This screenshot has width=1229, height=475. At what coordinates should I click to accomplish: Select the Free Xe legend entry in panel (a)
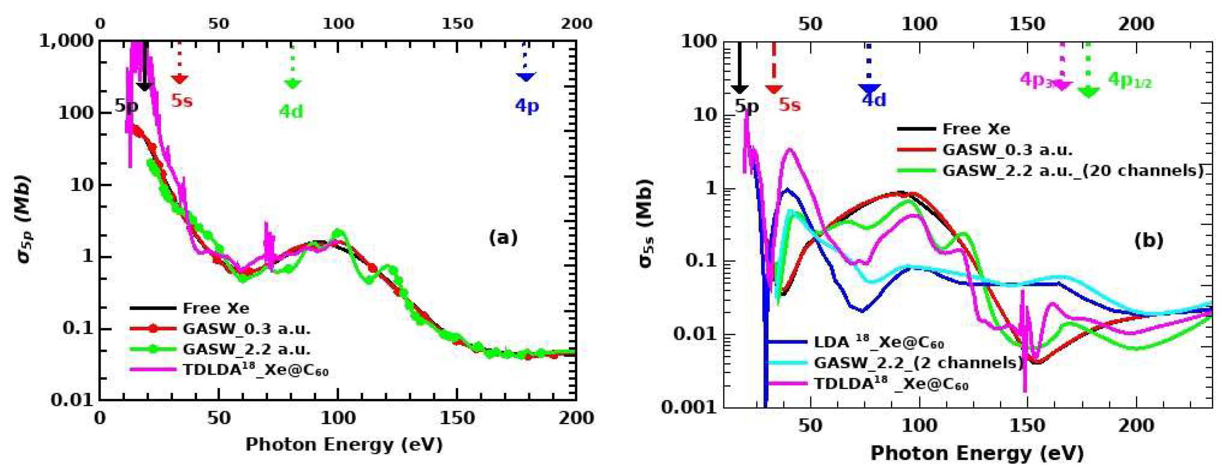click(x=216, y=309)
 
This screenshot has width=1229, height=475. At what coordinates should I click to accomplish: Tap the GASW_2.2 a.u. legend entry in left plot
click(x=246, y=349)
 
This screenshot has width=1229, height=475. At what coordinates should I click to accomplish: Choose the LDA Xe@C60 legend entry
click(x=878, y=342)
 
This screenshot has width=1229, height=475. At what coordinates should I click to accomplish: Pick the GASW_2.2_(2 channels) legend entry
click(x=918, y=363)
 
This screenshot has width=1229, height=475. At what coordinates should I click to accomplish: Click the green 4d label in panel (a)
click(x=291, y=112)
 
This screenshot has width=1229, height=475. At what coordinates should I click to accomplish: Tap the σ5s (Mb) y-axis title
click(x=645, y=223)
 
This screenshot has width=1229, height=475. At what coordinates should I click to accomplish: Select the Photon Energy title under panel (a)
click(x=344, y=445)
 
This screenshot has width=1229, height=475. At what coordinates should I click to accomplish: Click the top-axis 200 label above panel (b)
click(x=1136, y=24)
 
